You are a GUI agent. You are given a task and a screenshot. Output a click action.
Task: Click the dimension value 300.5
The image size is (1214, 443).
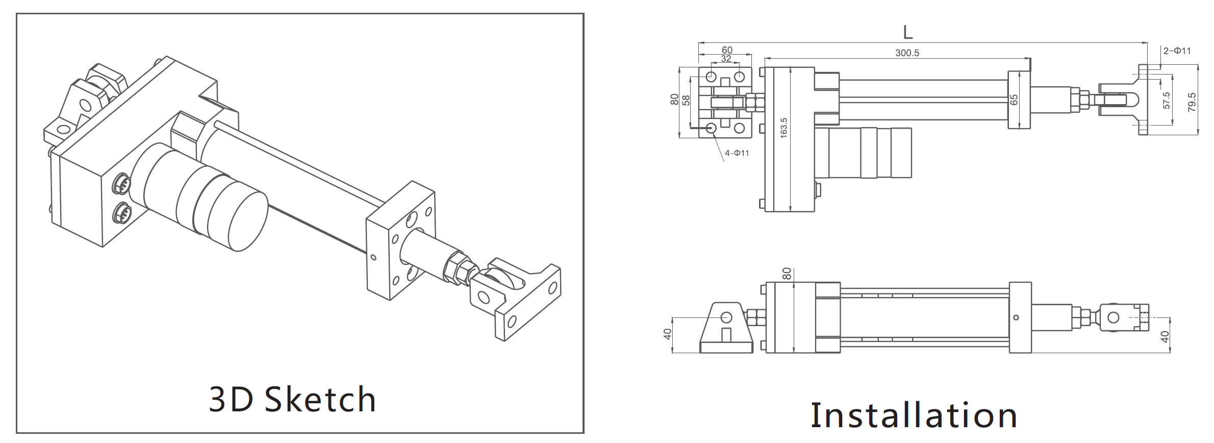(x=907, y=53)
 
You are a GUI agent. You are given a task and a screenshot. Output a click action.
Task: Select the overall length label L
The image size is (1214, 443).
(x=907, y=32)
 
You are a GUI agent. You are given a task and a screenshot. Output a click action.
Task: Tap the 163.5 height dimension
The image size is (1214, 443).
(x=783, y=127)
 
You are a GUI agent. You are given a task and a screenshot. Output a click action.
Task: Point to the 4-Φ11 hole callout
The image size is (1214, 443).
(x=737, y=153)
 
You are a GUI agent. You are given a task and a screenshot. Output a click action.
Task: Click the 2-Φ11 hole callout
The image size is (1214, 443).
(x=1177, y=51)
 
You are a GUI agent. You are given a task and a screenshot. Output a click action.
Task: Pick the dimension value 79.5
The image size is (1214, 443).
(x=1192, y=103)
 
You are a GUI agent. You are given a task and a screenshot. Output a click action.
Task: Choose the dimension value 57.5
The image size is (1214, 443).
(x=1167, y=101)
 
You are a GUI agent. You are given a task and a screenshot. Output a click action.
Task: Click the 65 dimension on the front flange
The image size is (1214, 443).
(x=1014, y=100)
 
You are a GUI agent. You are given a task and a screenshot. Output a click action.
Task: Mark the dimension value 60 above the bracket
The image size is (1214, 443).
(x=727, y=50)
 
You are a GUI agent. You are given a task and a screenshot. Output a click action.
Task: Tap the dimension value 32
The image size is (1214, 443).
(x=726, y=59)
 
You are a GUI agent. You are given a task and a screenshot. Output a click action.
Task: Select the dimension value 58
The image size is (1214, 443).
(x=686, y=100)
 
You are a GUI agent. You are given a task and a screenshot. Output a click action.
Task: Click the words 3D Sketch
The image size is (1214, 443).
(x=293, y=399)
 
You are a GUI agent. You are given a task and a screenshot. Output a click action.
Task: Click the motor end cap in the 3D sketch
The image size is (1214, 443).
(x=248, y=220)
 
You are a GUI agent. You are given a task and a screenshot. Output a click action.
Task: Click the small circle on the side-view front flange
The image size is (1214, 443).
(x=1016, y=317)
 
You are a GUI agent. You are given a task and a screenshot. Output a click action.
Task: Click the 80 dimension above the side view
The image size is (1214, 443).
(x=786, y=274)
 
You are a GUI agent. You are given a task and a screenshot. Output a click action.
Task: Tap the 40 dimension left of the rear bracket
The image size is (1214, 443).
(x=667, y=334)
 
